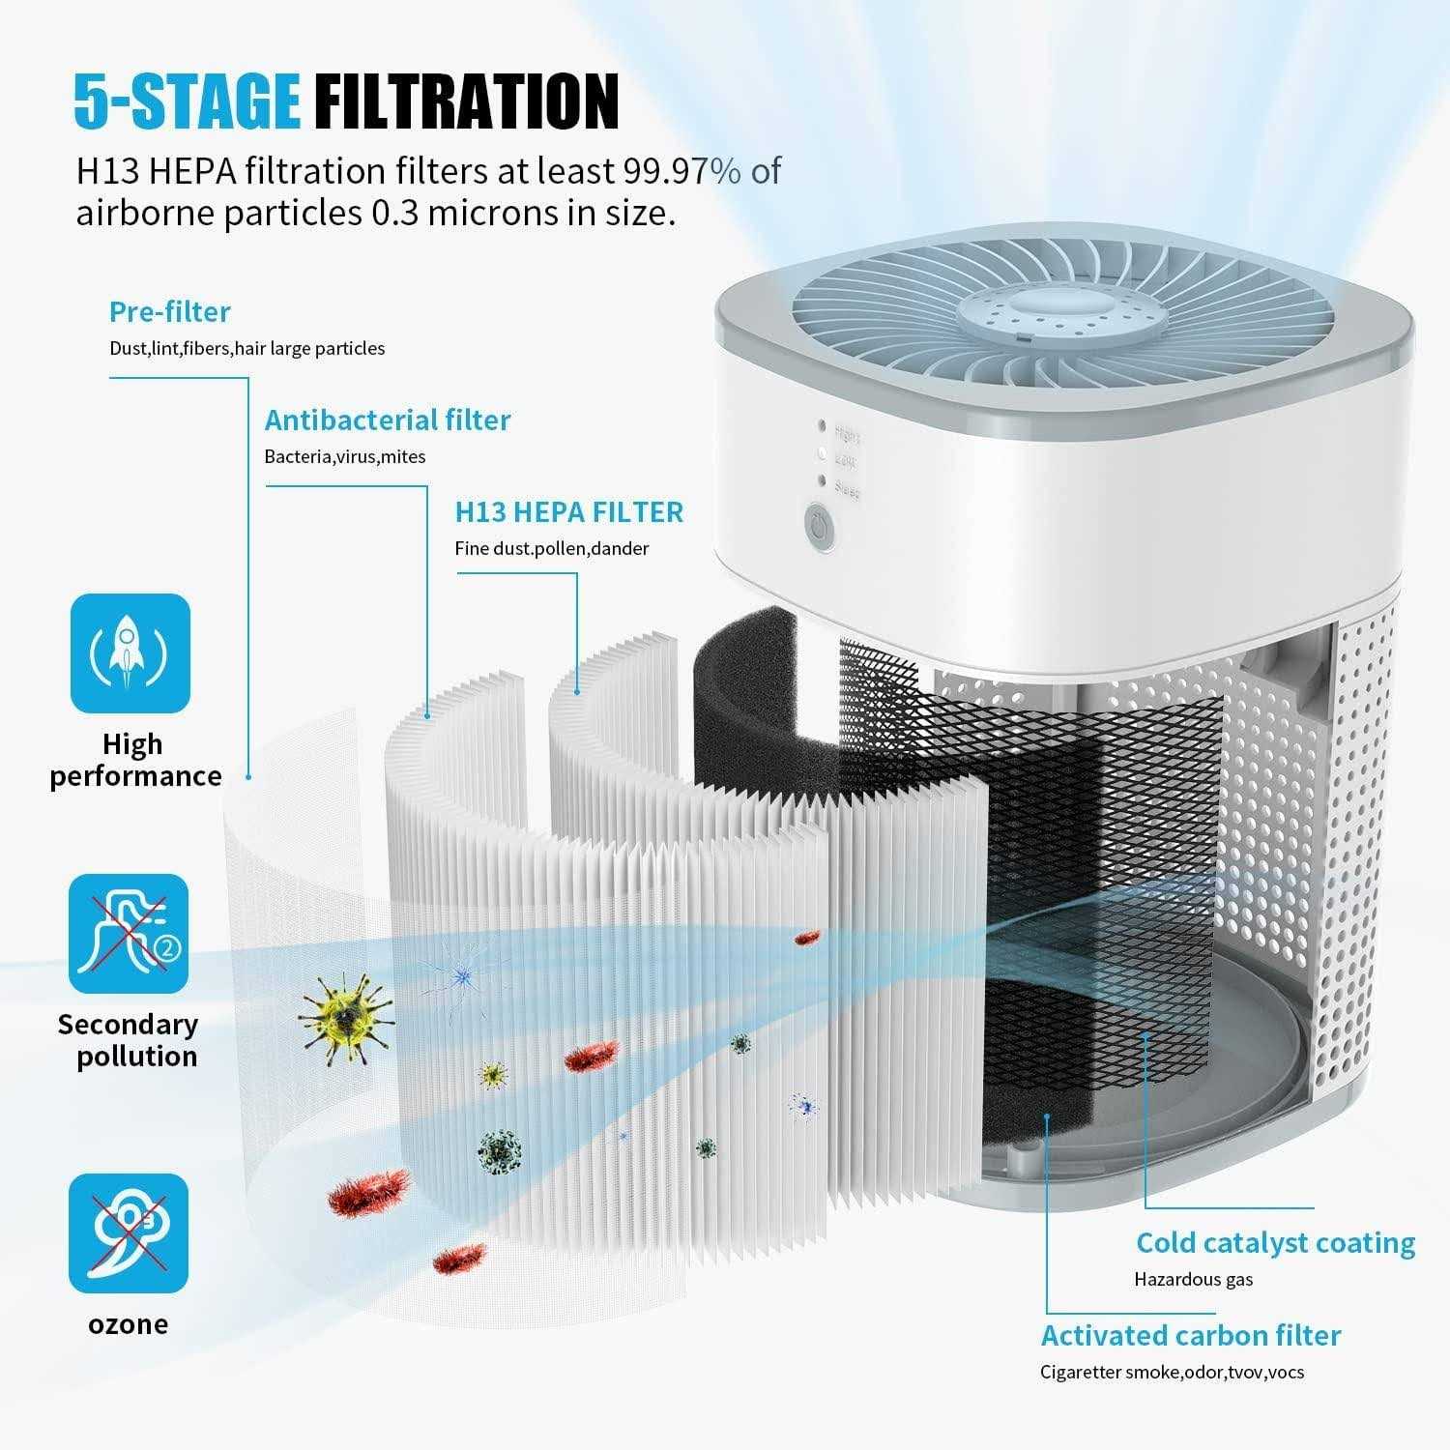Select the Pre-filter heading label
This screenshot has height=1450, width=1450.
(170, 311)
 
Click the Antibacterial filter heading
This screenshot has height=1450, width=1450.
(388, 420)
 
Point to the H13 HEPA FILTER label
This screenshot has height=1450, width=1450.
(569, 511)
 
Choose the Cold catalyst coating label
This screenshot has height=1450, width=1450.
(1276, 1242)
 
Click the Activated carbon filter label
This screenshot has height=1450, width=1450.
(1191, 1335)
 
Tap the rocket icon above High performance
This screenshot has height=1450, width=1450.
(130, 653)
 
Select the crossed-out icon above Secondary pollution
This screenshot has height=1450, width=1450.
(129, 933)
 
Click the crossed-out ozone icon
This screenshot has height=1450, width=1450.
(129, 1232)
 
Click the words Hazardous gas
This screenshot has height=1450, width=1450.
(1194, 1280)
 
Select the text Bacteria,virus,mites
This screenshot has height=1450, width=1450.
(345, 456)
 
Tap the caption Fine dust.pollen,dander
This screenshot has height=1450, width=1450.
(552, 548)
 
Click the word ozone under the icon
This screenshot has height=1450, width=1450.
(129, 1323)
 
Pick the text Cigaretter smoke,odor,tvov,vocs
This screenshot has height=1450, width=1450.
(1173, 1372)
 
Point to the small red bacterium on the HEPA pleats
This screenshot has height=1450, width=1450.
(807, 937)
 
